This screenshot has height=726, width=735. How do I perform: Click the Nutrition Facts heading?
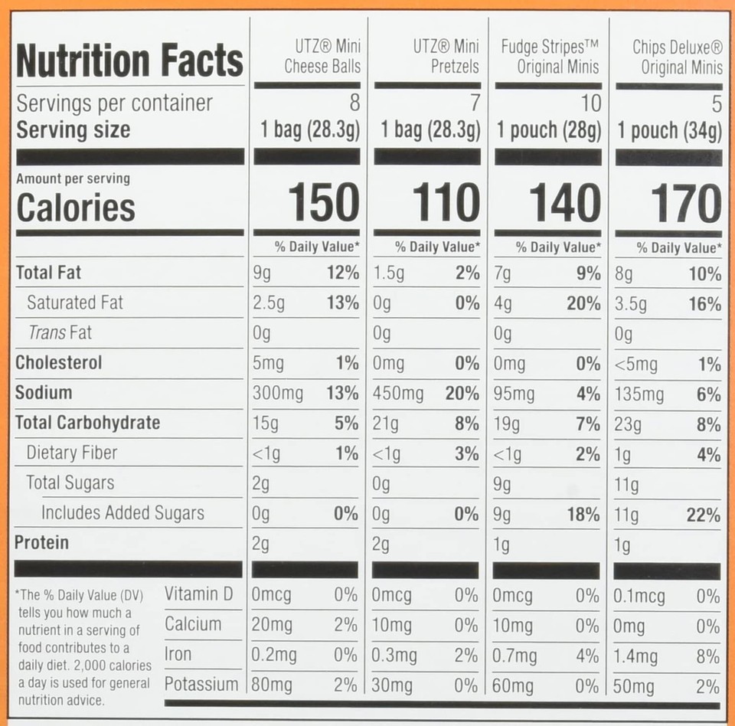129,61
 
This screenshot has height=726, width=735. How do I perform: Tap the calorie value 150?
324,204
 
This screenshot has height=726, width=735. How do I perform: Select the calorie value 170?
686,204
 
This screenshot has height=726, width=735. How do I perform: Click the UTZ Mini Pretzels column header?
446,57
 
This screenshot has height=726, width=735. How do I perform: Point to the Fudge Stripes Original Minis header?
550,57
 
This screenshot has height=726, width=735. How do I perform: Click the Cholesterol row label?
58,362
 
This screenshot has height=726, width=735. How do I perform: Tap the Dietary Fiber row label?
72,453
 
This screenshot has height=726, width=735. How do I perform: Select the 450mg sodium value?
397,394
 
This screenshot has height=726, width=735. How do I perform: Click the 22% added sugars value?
703,515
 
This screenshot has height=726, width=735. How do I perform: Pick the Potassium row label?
201,684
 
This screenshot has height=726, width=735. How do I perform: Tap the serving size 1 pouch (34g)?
670,131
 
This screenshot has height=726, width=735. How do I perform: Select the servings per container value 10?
591,103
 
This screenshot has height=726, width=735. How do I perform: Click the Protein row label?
42,543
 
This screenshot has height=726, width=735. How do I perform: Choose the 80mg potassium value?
272,685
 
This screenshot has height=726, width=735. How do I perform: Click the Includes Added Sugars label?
122,513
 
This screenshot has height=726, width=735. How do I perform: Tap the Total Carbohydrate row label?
87,423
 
